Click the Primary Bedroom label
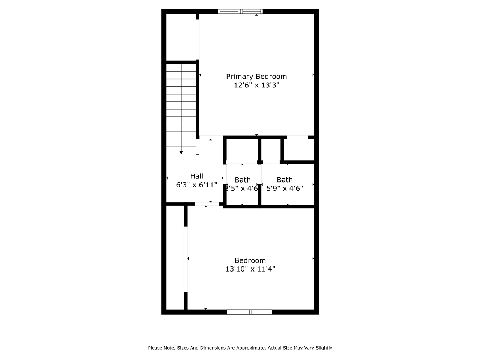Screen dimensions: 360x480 coord(256,76)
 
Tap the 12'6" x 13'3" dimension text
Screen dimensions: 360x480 coord(256,85)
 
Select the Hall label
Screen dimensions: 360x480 coord(196,176)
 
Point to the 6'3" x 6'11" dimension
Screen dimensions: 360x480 coord(196,185)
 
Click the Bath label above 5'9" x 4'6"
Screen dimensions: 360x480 coord(285,180)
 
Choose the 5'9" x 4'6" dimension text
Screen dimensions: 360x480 coord(285,188)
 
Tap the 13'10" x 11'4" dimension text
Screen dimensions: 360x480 coord(250,269)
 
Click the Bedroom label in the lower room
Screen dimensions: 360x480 coord(250,260)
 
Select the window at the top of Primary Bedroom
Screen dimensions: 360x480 coord(240,12)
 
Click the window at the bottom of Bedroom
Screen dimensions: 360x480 coord(249,312)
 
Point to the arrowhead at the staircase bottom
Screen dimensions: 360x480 coord(181,152)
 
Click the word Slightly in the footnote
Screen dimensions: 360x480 coord(323,348)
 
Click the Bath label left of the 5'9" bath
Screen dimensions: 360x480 coord(243,180)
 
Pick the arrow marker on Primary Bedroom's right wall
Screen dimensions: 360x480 coord(313,75)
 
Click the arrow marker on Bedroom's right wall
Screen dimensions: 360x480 coord(313,258)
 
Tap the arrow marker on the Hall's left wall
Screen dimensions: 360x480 coord(167,178)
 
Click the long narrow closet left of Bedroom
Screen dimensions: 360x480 coord(175,259)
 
